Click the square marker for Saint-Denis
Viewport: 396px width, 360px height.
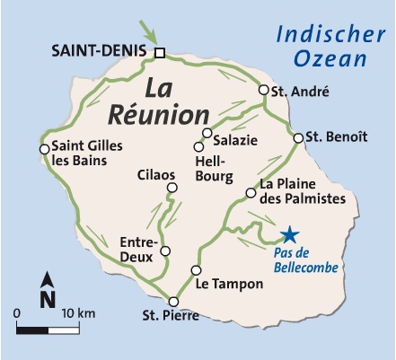click(x=160, y=54)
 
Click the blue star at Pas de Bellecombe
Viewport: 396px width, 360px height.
click(x=289, y=235)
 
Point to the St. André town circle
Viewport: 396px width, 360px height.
click(x=264, y=90)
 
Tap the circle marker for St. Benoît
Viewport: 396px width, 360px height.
click(x=299, y=137)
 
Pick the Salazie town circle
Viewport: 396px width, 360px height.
click(x=207, y=134)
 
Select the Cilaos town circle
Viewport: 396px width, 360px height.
click(x=172, y=188)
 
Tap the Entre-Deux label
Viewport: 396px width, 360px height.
click(x=138, y=249)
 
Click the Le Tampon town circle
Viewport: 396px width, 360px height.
click(x=196, y=271)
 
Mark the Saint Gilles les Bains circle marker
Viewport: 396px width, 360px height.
click(x=43, y=149)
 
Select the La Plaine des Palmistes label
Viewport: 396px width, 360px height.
click(x=302, y=191)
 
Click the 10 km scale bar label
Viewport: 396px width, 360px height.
click(x=80, y=312)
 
